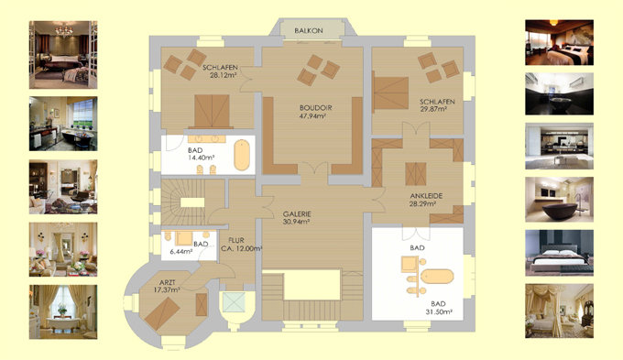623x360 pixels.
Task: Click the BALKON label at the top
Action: pos(309,30)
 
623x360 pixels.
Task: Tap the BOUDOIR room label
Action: pos(315,108)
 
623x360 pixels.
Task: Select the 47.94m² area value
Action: pos(312,116)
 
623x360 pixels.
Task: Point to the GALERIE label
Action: pos(297,214)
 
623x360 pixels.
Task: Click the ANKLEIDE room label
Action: pos(426,196)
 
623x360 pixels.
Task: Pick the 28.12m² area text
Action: pos(224,75)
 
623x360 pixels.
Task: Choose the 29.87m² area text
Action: pos(433,109)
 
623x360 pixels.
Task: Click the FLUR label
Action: pos(236,240)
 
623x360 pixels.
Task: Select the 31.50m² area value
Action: pos(439,312)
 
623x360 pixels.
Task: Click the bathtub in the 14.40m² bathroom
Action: pos(242,155)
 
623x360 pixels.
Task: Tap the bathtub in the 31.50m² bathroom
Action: pos(437,277)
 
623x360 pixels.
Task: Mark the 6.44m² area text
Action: pos(180,252)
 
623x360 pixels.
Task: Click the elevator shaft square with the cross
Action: pos(234,302)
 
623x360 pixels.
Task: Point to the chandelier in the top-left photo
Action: pos(63,30)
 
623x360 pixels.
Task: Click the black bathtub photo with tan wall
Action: pos(559,200)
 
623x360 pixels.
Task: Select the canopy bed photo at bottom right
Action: pos(559,311)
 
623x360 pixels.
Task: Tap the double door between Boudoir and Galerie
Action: pos(314,169)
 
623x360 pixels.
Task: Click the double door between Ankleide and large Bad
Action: pos(416,234)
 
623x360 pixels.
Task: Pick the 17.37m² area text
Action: pos(167,290)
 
